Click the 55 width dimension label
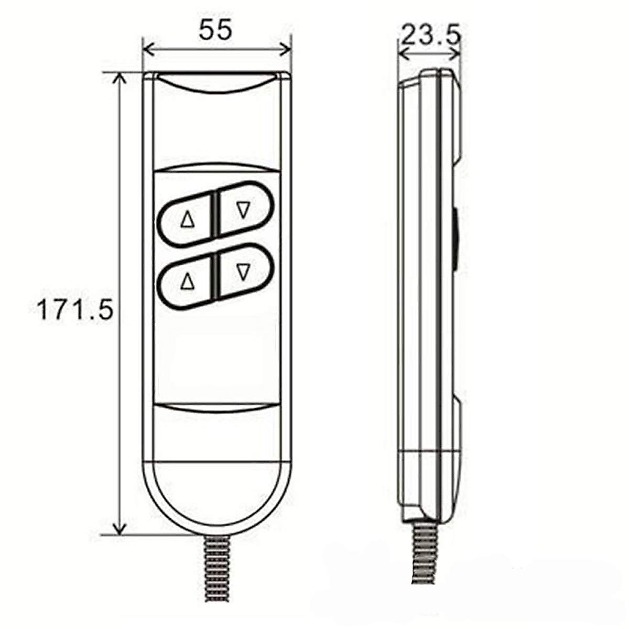[215, 30]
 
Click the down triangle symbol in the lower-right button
[242, 272]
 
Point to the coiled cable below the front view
[216, 582]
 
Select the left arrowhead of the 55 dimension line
[148, 50]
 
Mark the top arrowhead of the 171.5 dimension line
[121, 79]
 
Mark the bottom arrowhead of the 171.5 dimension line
[121, 529]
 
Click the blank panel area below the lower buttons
[216, 356]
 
